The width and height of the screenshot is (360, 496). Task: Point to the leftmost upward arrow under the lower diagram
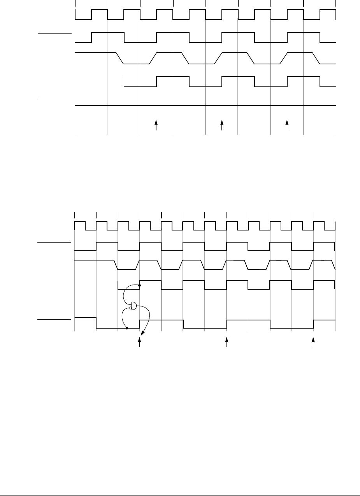(x=140, y=341)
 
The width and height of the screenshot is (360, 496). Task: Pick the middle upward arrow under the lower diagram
(x=227, y=341)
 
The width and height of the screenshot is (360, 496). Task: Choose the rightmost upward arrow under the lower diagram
(x=313, y=341)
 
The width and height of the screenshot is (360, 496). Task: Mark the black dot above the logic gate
(x=140, y=285)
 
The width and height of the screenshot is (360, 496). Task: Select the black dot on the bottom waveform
(x=127, y=328)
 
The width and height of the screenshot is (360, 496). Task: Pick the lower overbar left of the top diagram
(x=55, y=98)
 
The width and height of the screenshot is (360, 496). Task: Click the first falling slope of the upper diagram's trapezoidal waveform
(x=120, y=58)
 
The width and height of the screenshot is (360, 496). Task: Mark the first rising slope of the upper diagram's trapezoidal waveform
(x=153, y=58)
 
